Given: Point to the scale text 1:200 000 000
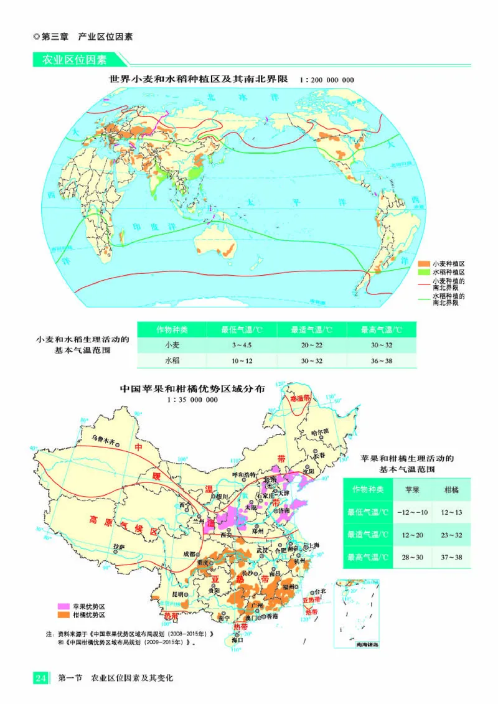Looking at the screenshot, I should [x=327, y=80].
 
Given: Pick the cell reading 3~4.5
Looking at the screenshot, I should [x=242, y=345].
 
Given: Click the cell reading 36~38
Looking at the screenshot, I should [x=380, y=361].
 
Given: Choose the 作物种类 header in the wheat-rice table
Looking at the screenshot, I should [x=172, y=329].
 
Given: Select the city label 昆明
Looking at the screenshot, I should [x=179, y=594].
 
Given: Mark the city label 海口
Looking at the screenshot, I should [x=237, y=640].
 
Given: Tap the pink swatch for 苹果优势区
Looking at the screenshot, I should [x=63, y=606].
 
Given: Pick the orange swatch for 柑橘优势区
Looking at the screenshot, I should [x=63, y=614].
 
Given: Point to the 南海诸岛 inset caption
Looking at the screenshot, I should [x=360, y=644].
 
